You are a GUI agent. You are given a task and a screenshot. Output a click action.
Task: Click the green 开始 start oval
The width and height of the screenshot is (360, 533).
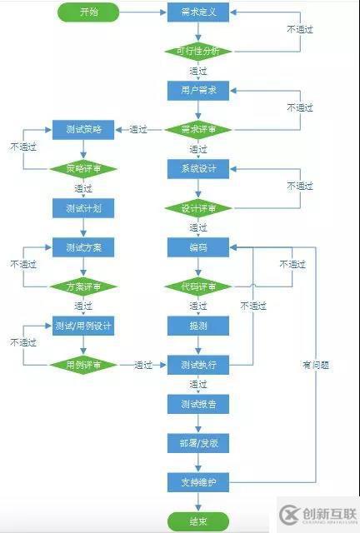point(88,12)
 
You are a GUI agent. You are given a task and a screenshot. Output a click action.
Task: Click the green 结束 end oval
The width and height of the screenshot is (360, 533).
point(198,522)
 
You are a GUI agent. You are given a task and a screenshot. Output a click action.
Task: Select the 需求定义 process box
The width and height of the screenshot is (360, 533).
point(198,12)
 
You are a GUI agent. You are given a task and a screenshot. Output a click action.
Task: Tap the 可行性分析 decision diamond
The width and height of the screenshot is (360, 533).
point(198,51)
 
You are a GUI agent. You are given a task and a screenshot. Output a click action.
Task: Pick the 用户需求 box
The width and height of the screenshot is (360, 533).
point(198,90)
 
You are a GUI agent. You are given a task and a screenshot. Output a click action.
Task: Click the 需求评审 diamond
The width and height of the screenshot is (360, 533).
point(198,129)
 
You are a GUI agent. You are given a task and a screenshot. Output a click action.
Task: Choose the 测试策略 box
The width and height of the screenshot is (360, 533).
point(83,129)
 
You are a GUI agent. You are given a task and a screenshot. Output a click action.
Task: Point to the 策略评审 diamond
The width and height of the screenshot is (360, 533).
point(83,168)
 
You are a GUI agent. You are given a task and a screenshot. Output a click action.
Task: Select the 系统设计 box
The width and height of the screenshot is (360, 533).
point(198,168)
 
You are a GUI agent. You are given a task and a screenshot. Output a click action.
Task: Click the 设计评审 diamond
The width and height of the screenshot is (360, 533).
point(198,207)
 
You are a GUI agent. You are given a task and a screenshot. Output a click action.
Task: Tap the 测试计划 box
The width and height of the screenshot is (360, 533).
point(83,207)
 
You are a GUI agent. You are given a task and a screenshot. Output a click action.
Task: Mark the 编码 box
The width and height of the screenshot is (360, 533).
point(198,247)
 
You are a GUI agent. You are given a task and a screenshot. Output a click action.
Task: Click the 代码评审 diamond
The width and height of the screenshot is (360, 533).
point(198,286)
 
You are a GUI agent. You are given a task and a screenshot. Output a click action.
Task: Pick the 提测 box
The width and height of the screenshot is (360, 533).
point(198,325)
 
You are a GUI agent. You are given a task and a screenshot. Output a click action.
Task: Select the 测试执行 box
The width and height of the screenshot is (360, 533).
point(198,365)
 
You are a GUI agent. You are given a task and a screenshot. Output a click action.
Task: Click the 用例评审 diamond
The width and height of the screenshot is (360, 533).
point(83,365)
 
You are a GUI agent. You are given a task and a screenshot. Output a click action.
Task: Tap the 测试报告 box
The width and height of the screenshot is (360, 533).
point(198,404)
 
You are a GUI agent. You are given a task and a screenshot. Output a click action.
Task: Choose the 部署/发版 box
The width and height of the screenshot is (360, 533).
point(198,443)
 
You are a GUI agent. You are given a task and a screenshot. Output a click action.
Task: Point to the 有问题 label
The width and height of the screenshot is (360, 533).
point(316,365)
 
